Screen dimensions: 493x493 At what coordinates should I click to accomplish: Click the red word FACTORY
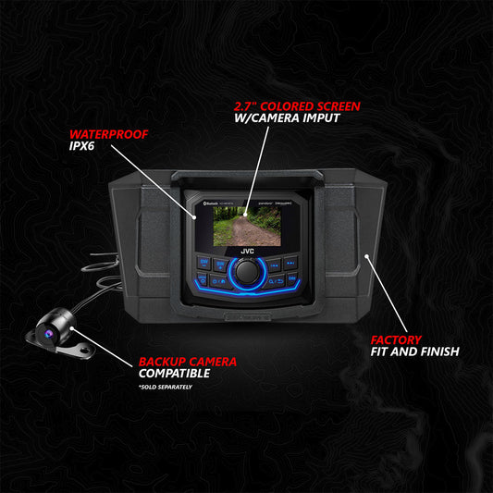pos(397,339)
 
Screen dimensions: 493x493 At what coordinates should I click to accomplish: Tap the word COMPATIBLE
pos(174,374)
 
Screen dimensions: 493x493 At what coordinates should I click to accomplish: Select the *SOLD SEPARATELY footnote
pos(166,387)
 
